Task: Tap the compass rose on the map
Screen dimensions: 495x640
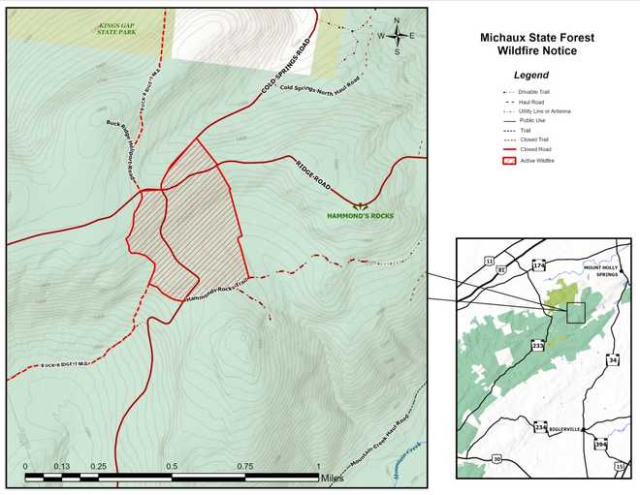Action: click(x=396, y=36)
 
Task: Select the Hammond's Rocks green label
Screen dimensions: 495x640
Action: click(x=360, y=215)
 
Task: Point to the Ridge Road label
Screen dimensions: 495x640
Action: click(x=313, y=171)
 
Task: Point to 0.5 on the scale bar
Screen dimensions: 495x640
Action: click(x=171, y=466)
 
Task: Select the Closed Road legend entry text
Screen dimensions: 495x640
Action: click(x=535, y=149)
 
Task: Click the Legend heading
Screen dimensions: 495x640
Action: click(x=530, y=75)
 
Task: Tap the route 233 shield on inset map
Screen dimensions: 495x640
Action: click(x=537, y=345)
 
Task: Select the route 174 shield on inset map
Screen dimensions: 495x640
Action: click(x=540, y=264)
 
